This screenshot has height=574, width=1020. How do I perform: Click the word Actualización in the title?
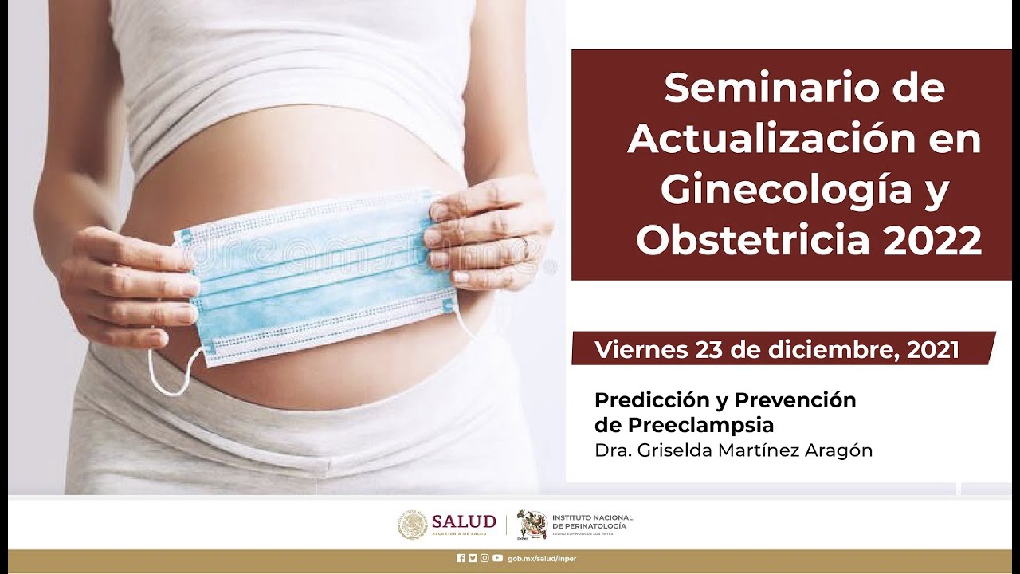tap(746, 140)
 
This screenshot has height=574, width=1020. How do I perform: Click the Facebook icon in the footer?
tap(461, 558)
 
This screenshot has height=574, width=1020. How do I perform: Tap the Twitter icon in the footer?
tap(473, 558)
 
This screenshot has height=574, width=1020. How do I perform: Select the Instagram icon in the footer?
tap(484, 558)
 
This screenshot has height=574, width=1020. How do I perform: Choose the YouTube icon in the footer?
tap(497, 558)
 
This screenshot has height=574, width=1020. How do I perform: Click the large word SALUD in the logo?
tap(463, 521)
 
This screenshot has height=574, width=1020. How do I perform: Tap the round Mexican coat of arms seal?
tap(413, 525)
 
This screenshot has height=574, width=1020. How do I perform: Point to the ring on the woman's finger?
tap(526, 247)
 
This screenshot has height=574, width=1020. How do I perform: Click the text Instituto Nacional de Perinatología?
tap(591, 522)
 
